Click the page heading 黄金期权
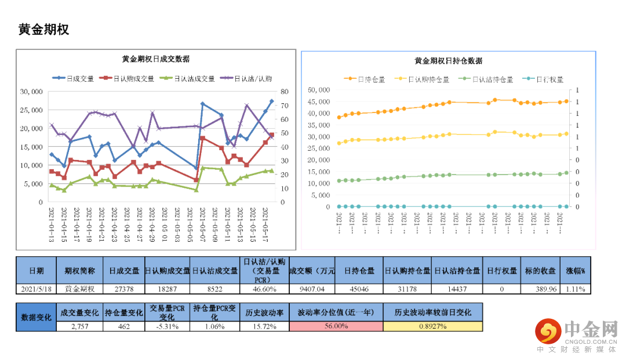pos(43,29)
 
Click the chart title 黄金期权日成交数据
pos(155,59)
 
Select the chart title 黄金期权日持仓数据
pos(448,61)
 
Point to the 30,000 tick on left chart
pos(31,92)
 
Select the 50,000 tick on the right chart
pos(319,90)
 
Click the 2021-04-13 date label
pos(52,223)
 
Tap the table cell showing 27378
pos(124,289)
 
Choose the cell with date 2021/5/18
pos(36,289)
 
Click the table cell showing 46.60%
pos(264,289)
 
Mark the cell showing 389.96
pos(544,289)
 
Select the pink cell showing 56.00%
pos(336,326)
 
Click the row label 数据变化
pos(36,317)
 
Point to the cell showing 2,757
pos(81,326)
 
